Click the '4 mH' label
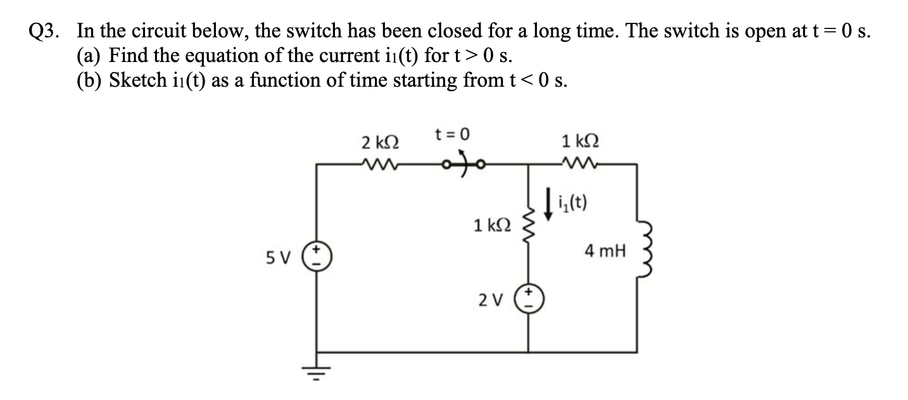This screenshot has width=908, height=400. pyautogui.click(x=605, y=253)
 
